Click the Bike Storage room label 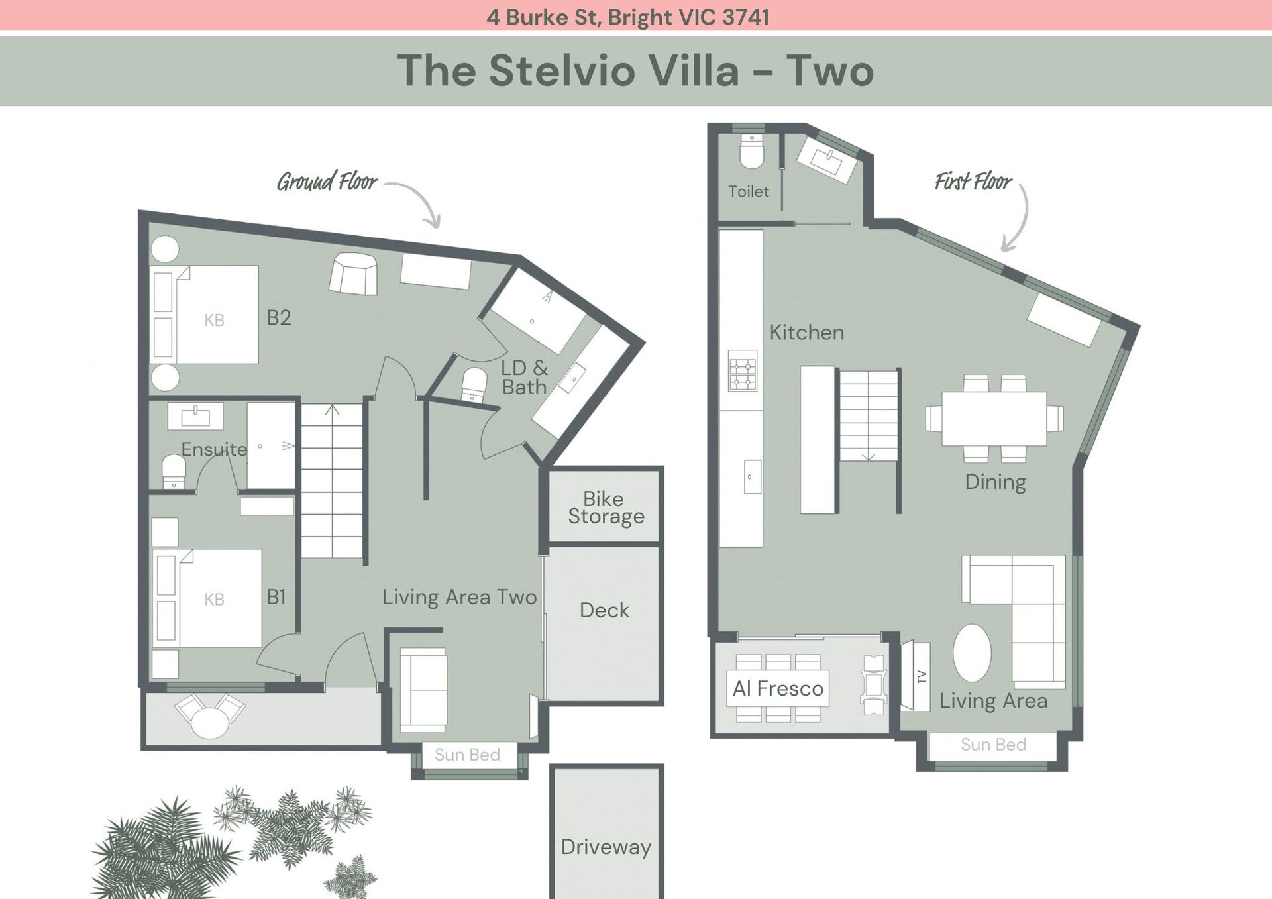click(606, 507)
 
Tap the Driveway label click(606, 847)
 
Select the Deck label click(604, 610)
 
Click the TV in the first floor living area click(916, 676)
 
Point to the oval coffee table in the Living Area click(972, 653)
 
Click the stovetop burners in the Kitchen click(743, 371)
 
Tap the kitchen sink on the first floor click(752, 476)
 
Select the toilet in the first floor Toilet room click(751, 151)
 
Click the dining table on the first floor click(994, 418)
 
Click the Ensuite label click(214, 449)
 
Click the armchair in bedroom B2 click(354, 274)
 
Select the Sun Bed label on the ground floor click(467, 755)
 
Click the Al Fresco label click(778, 688)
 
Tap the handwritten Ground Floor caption click(327, 181)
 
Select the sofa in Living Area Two click(423, 690)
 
